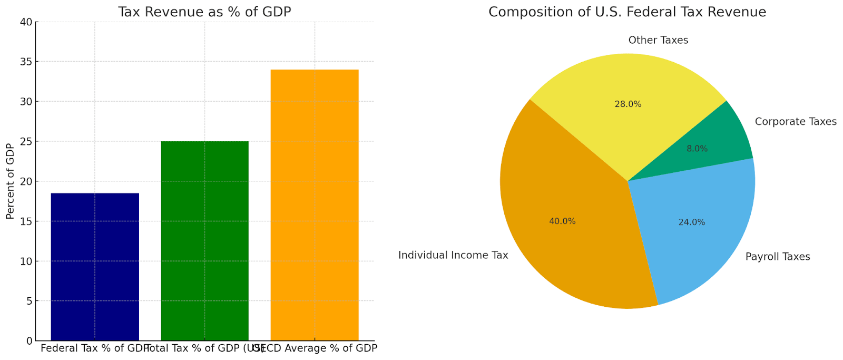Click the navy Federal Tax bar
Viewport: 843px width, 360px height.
[95, 266]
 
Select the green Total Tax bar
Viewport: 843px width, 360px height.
[204, 240]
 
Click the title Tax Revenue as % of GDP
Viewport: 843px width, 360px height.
[204, 12]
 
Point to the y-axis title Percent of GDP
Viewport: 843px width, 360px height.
[10, 181]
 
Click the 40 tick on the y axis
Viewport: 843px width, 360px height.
[26, 22]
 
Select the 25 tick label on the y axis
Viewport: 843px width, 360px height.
[26, 142]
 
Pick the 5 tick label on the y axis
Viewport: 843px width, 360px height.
[29, 301]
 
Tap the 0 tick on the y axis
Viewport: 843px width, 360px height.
[29, 341]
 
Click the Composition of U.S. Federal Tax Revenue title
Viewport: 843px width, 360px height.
[627, 12]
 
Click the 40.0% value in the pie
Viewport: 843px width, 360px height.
[562, 221]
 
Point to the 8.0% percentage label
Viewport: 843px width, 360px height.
[697, 149]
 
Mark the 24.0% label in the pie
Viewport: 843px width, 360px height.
[691, 222]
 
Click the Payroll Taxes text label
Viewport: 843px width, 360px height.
[778, 257]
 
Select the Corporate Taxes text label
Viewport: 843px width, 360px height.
[796, 122]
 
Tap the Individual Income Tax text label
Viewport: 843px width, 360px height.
[453, 256]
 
